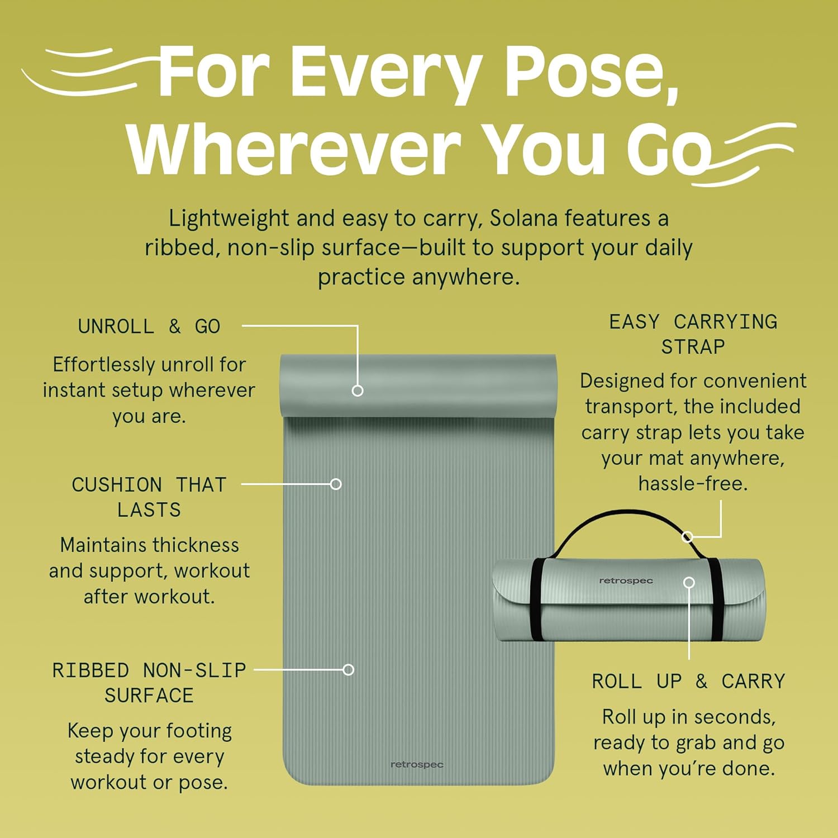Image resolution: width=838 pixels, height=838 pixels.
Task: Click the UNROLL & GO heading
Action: click(x=149, y=326)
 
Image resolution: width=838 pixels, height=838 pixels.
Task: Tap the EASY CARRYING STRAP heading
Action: click(x=693, y=334)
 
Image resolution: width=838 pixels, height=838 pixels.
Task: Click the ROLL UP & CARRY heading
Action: click(x=688, y=681)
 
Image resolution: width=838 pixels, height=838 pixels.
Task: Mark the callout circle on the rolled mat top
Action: click(x=358, y=391)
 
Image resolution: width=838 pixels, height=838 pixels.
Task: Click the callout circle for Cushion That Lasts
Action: click(x=336, y=484)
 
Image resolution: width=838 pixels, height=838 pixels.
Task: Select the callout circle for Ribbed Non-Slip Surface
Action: click(x=349, y=669)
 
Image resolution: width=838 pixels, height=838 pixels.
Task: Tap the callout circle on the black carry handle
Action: click(x=688, y=537)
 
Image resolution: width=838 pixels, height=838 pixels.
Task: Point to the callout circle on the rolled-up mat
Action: click(x=689, y=583)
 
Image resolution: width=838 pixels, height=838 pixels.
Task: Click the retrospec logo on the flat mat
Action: click(x=417, y=764)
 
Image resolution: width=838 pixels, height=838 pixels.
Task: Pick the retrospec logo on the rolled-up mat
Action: click(x=626, y=581)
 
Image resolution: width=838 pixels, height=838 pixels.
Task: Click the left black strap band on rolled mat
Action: click(x=536, y=599)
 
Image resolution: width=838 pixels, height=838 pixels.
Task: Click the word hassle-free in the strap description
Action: click(x=693, y=484)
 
